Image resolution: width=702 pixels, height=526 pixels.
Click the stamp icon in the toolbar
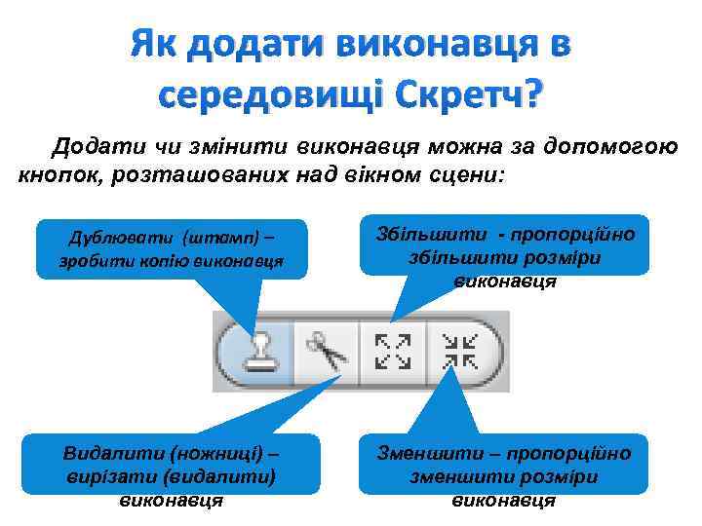[259, 352]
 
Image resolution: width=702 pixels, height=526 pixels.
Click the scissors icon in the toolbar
[327, 352]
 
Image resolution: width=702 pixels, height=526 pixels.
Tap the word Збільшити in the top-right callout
[420, 235]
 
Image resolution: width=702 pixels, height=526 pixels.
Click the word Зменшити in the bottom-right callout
[424, 454]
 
